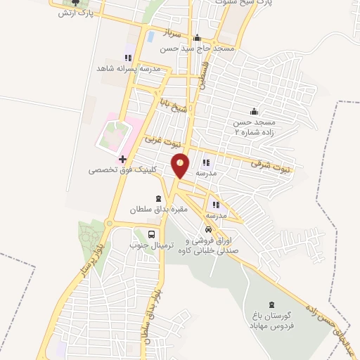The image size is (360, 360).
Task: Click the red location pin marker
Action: (181, 165)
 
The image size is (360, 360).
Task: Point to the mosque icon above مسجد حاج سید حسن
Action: (198, 38)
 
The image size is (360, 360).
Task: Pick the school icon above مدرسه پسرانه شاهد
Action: (127, 58)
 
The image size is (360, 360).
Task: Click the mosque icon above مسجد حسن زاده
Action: (253, 112)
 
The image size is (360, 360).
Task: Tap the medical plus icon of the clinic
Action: (122, 160)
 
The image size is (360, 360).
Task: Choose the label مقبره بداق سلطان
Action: (152, 209)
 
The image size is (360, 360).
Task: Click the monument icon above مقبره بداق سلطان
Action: (158, 198)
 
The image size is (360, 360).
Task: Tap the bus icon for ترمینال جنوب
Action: (152, 235)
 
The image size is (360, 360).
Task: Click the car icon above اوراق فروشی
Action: (208, 229)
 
